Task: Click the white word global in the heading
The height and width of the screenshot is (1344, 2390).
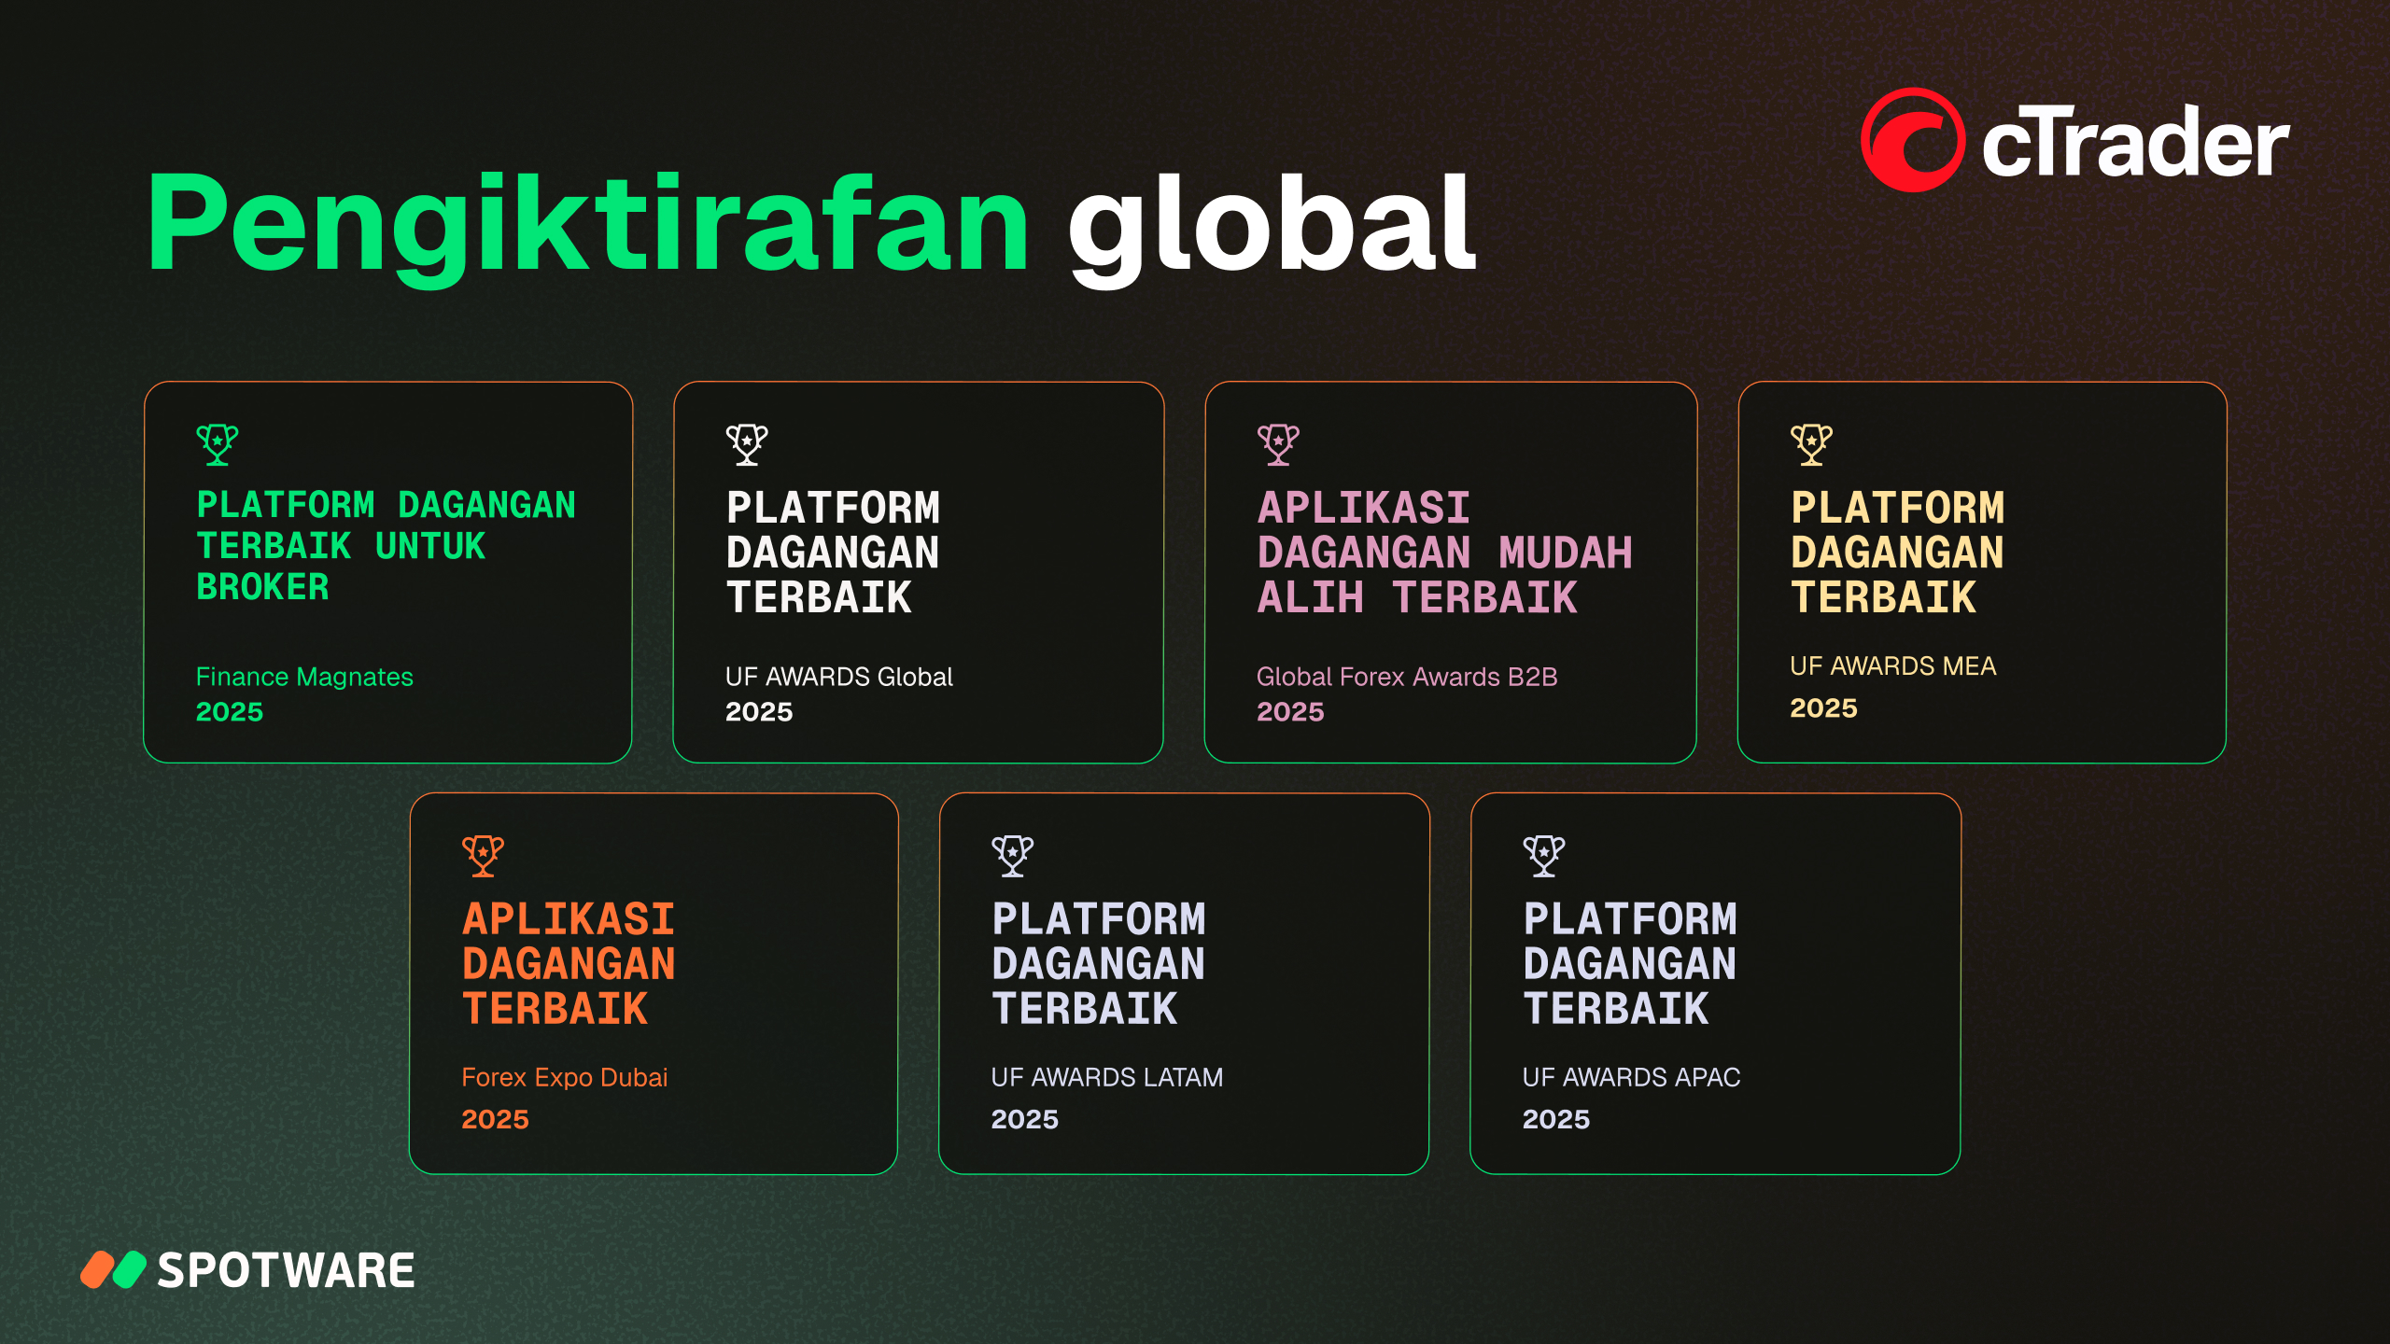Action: [x=1272, y=230]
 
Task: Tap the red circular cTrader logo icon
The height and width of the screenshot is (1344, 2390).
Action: [x=1912, y=140]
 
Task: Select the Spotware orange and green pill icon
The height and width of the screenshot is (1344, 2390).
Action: [x=113, y=1269]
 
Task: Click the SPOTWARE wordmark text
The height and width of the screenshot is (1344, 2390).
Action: [x=286, y=1270]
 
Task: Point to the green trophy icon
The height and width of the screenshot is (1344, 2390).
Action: [x=218, y=444]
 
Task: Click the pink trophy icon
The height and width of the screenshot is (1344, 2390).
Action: [x=1278, y=444]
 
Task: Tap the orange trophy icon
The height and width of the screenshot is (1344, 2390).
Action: [x=483, y=856]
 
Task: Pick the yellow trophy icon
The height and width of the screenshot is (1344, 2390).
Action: [x=1811, y=444]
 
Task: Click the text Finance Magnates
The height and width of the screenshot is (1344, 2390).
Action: [x=304, y=677]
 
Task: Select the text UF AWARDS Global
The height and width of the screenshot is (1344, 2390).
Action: [x=839, y=677]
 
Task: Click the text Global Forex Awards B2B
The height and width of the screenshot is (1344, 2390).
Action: [x=1407, y=677]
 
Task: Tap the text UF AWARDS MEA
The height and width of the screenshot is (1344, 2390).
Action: [x=1892, y=666]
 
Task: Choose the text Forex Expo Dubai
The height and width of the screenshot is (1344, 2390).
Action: [x=565, y=1078]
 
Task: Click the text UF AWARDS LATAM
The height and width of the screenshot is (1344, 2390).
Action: [x=1106, y=1078]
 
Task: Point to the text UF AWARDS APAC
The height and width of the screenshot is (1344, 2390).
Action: [x=1631, y=1078]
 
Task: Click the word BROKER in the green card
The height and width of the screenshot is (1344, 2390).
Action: [x=262, y=587]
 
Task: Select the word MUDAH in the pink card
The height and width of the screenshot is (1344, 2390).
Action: [x=1566, y=553]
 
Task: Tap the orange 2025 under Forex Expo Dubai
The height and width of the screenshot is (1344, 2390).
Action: [x=495, y=1119]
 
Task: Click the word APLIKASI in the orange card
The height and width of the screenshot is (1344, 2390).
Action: [x=569, y=919]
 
